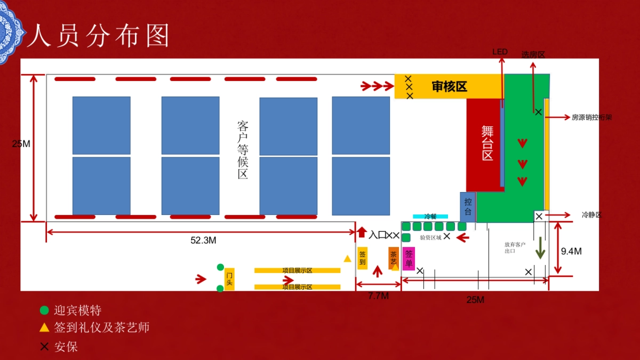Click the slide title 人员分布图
[99, 36]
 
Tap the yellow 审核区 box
[449, 86]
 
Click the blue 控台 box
[468, 207]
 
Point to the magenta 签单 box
[409, 259]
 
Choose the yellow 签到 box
[363, 258]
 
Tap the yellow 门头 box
[229, 279]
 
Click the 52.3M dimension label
[203, 241]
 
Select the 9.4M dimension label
[571, 251]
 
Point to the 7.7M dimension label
[378, 296]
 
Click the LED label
[500, 52]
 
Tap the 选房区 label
[533, 54]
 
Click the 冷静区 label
[591, 215]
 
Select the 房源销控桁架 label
[591, 117]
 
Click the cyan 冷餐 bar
[430, 217]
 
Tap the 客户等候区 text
[243, 150]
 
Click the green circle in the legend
[44, 310]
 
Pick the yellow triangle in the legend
[44, 327]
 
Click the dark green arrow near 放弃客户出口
[540, 248]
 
